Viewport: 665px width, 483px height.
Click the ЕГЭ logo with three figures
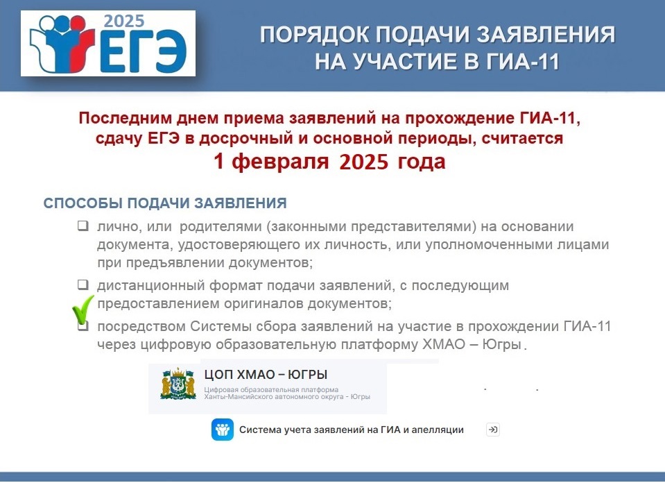tap(108, 43)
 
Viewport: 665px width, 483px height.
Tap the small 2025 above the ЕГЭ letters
tap(124, 21)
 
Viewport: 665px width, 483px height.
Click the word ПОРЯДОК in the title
tap(314, 35)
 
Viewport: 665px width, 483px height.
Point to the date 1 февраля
tap(271, 161)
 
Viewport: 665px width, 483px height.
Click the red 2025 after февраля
tap(364, 161)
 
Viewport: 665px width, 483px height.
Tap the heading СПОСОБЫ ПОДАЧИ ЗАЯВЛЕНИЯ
tap(165, 203)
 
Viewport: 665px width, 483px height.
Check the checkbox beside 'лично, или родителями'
tap(83, 226)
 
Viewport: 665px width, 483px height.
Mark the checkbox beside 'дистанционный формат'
tap(83, 285)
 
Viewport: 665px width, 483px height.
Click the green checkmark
tap(83, 310)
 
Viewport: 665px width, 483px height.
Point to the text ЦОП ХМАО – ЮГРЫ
tap(266, 374)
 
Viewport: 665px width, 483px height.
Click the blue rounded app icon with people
tap(222, 430)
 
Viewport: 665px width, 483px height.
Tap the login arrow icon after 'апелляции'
tap(492, 430)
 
